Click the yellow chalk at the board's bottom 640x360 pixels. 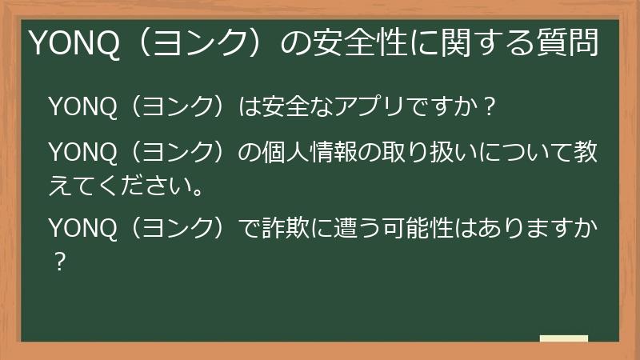564,339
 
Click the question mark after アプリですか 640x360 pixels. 492,107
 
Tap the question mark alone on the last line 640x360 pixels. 58,262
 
